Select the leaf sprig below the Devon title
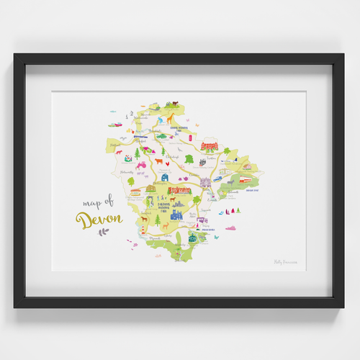point(104,232)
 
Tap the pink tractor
point(142,165)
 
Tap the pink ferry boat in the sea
point(231,228)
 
